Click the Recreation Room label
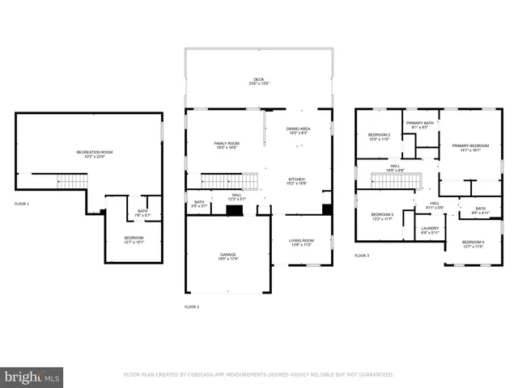[x=94, y=153]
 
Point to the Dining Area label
[x=299, y=130]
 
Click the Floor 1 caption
[x=22, y=204]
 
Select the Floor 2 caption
[x=192, y=307]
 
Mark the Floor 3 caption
[x=362, y=255]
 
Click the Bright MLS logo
[x=32, y=377]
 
